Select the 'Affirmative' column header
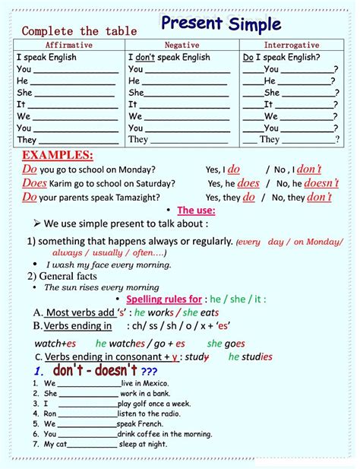pyautogui.click(x=68, y=45)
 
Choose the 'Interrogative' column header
pyautogui.click(x=292, y=45)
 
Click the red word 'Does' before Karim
pyautogui.click(x=34, y=183)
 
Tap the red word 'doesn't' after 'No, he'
pyautogui.click(x=321, y=183)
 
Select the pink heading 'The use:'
pyautogui.click(x=196, y=211)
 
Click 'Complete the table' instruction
pyautogui.click(x=79, y=31)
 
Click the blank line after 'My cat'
pyautogui.click(x=88, y=444)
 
